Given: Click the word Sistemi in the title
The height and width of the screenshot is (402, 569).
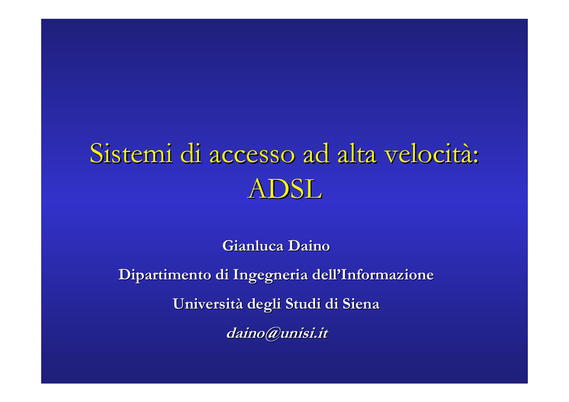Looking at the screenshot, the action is click(131, 153).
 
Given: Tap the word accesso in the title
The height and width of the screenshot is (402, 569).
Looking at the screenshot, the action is click(252, 155).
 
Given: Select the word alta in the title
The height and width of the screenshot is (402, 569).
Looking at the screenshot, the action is click(357, 153).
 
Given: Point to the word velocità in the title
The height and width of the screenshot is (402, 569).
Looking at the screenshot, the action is click(428, 153).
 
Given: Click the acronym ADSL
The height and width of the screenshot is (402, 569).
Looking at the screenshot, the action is click(285, 189).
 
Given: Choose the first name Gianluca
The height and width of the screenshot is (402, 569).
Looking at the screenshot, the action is click(253, 246).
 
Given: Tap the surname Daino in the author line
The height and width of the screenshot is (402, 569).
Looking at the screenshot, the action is click(309, 246).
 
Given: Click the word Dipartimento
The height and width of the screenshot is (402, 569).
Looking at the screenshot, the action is click(165, 275).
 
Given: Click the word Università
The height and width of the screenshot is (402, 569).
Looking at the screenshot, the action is click(208, 304).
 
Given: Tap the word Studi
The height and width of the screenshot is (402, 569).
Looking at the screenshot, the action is click(303, 304).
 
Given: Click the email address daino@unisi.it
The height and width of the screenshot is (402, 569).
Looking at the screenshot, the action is click(277, 333).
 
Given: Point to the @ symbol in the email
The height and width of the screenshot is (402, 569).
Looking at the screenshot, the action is click(272, 334).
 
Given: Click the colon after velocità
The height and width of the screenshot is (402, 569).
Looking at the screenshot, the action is click(476, 158).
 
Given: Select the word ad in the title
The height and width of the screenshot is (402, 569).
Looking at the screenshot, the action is click(316, 153).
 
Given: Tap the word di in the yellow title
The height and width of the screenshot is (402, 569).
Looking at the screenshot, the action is click(191, 153).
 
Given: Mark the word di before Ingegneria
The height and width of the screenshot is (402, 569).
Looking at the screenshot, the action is click(222, 275).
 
